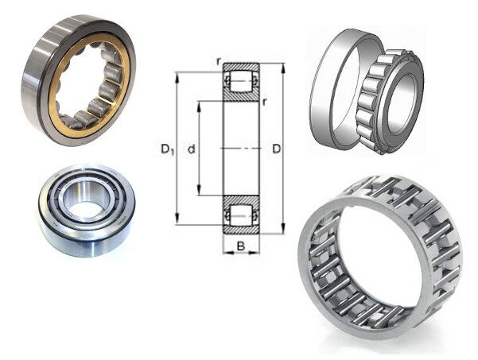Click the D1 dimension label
coord(167,149)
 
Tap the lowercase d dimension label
coord(191,149)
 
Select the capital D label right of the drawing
coord(276,149)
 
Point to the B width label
coord(241,246)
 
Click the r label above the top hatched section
coord(218,61)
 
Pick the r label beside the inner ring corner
coord(264,102)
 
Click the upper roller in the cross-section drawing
coord(241,81)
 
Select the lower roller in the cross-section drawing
coord(241,215)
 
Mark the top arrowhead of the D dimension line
coord(283,68)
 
